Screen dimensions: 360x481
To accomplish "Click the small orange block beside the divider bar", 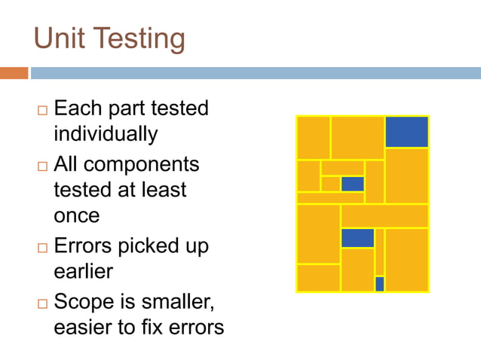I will (14, 73).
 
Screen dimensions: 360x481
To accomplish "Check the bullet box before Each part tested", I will (41, 110).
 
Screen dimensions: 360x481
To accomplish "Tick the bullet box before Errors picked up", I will (41, 248).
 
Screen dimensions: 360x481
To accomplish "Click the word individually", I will (106, 134).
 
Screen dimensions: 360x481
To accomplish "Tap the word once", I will (76, 215).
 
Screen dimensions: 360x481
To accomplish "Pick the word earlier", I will (84, 271).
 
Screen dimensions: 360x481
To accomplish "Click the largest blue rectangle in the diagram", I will (406, 132).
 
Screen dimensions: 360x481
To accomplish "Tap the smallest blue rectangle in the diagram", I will (379, 283).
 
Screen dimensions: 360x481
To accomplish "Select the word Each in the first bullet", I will (76, 108).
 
